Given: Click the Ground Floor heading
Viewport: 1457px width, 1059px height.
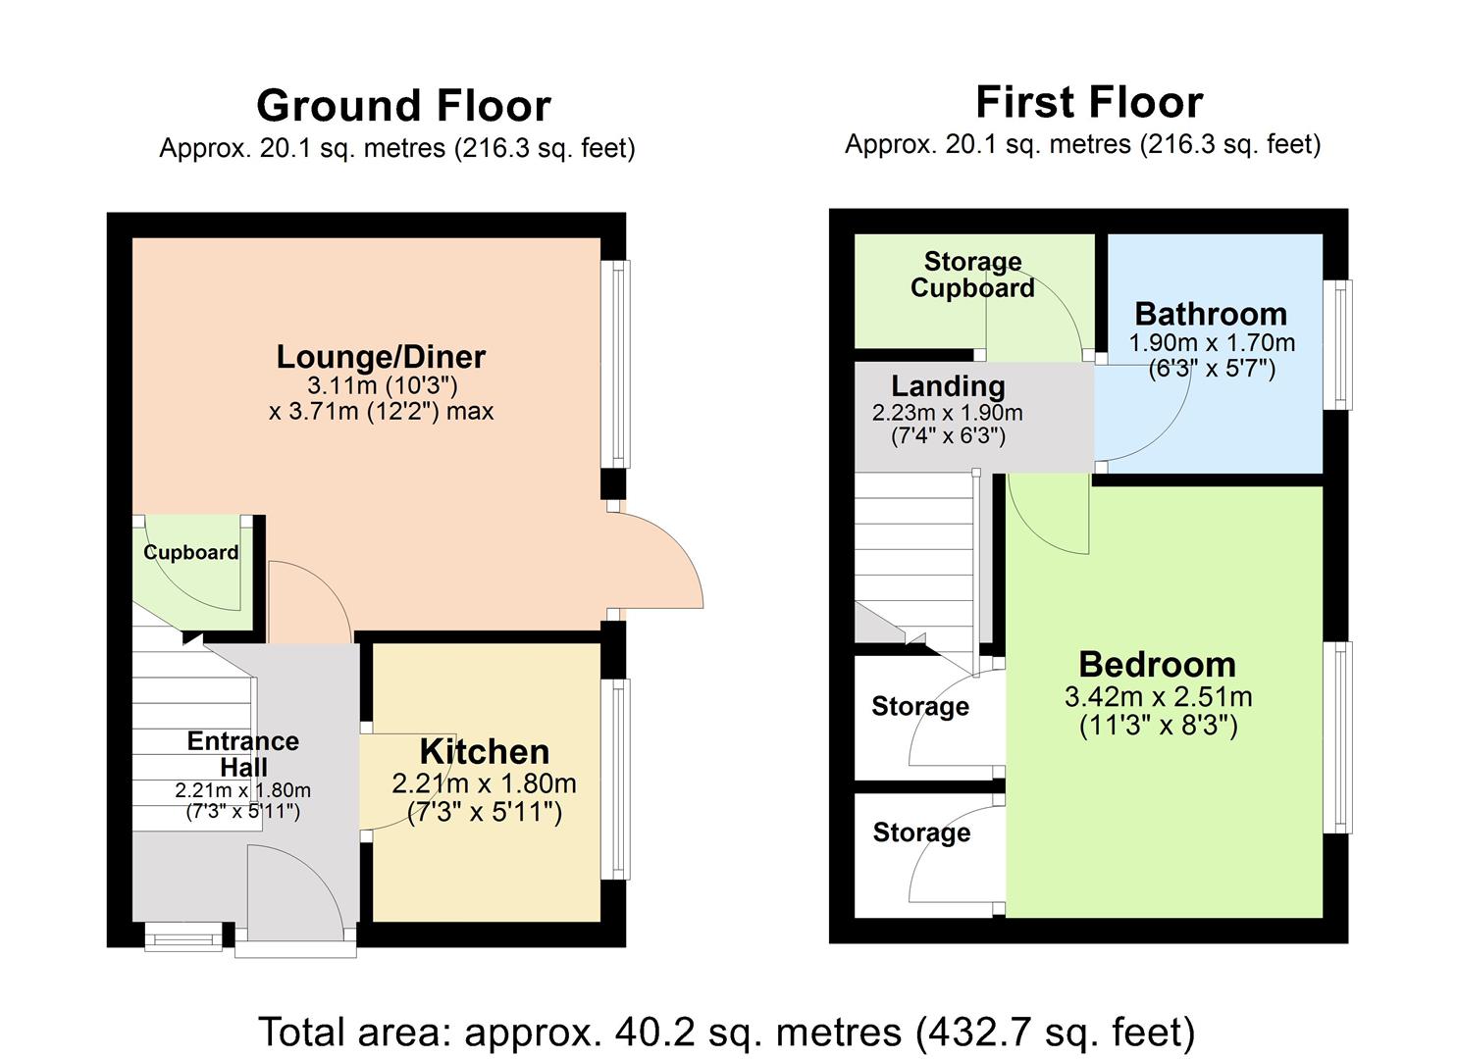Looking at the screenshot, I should pos(403,106).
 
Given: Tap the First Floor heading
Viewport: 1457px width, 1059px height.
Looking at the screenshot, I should pos(1088,102).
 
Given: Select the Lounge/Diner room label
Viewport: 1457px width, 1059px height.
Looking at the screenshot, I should pos(381,356).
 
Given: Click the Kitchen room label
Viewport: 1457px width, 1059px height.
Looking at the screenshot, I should pos(485,752).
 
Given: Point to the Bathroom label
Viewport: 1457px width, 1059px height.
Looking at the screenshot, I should pos(1211,314).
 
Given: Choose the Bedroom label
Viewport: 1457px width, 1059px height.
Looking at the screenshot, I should pos(1157,664).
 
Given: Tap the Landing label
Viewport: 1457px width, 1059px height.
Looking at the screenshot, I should pos(948,386).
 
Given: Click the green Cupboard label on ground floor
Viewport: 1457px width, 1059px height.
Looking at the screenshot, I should pos(191,552).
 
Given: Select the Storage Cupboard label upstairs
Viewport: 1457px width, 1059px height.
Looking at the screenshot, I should pos(972,275).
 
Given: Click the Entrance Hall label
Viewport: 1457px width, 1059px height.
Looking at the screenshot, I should pos(243,753).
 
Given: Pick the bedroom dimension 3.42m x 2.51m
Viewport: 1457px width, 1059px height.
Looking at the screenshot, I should pos(1158,697).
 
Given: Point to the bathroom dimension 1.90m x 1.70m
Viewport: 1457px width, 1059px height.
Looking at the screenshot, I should pos(1212,343).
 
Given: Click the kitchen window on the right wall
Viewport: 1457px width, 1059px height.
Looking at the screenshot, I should pos(618,780).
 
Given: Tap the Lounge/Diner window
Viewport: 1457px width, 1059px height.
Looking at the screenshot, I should pos(618,364).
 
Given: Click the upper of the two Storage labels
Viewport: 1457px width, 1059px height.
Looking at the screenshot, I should pos(920,706).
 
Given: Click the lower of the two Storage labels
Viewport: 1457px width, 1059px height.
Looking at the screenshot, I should pos(921,832).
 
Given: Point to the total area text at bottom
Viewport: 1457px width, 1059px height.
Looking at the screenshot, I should pos(727,1032).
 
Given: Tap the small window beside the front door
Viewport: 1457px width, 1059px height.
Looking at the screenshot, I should pos(183,938).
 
